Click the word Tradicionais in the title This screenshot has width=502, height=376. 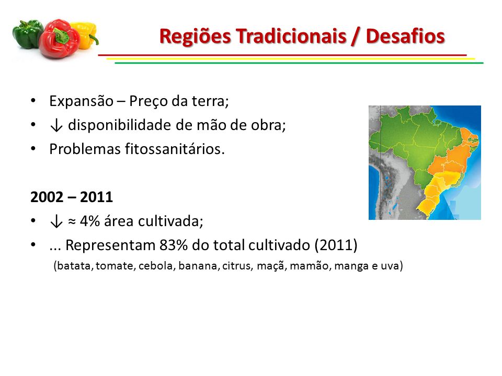(291, 36)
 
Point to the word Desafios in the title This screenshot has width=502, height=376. (405, 36)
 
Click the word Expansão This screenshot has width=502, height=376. (82, 101)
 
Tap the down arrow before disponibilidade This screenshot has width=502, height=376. (56, 125)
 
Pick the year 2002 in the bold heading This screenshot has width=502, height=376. (47, 197)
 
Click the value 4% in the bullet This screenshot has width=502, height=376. (89, 221)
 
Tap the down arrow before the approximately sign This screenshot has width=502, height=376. (56, 221)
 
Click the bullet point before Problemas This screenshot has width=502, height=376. (33, 149)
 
